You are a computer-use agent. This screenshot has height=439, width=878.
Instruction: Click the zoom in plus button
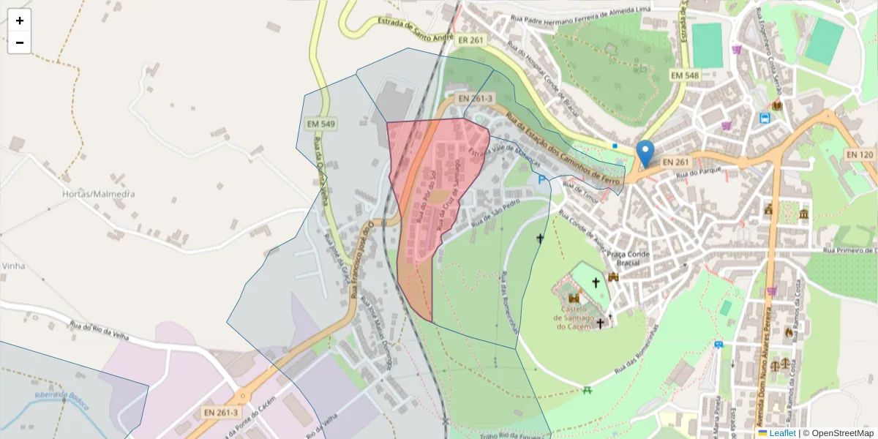20,20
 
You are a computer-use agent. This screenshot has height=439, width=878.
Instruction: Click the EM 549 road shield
322,124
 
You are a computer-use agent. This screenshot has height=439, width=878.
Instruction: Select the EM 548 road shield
685,75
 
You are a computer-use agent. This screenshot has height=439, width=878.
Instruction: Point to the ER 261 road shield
470,40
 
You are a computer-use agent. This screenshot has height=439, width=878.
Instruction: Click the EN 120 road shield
859,154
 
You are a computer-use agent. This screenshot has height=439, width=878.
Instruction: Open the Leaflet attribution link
781,433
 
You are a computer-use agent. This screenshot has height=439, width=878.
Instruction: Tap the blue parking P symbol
541,179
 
